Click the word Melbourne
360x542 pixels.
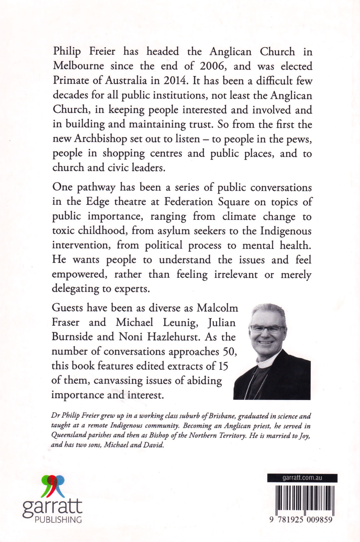[x=78, y=66]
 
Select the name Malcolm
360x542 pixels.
[x=218, y=308]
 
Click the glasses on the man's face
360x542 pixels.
[x=267, y=328]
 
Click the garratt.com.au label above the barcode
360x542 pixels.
[x=302, y=478]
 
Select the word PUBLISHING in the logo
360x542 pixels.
[x=58, y=520]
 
